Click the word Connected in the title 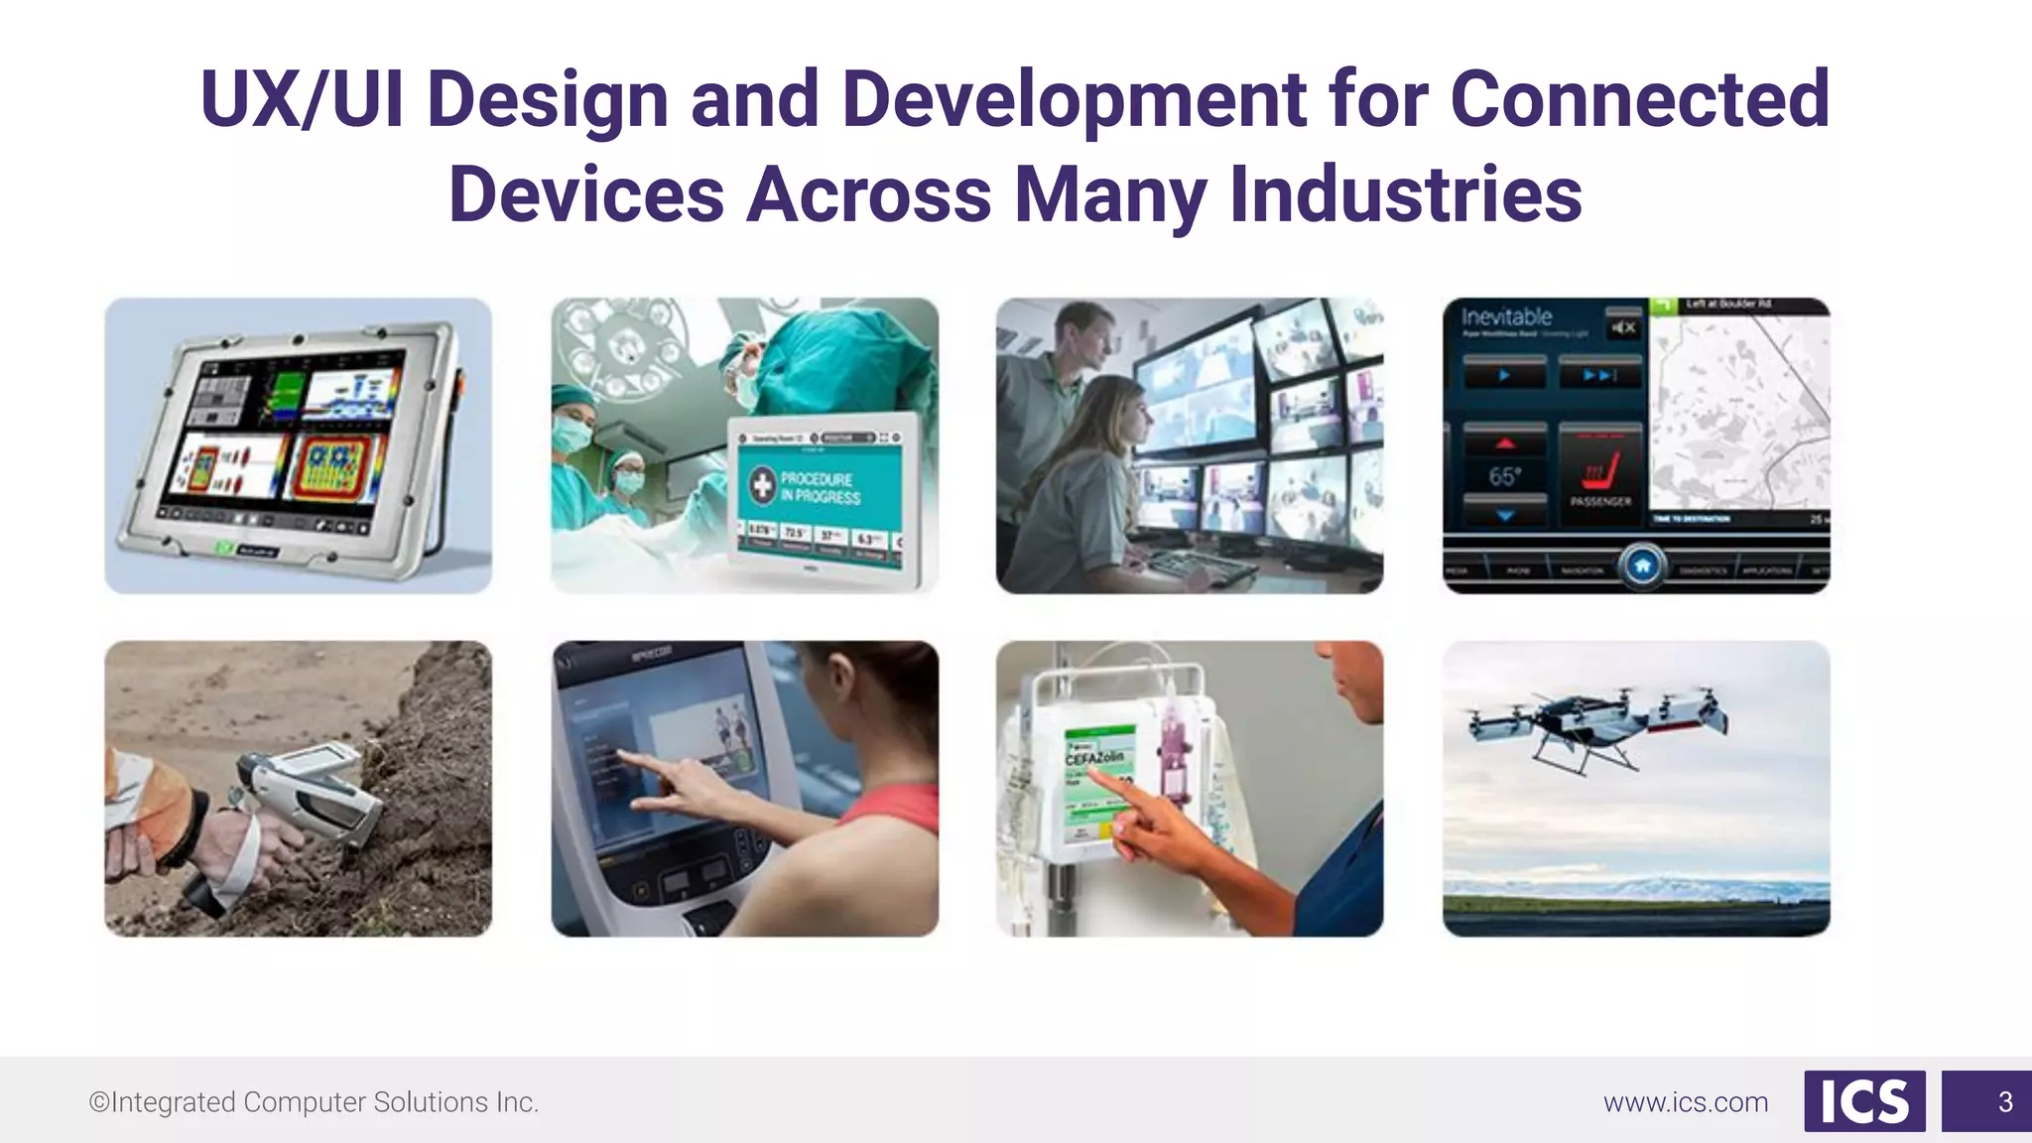coord(1639,99)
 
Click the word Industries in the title coord(1405,194)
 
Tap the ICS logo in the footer coord(1863,1101)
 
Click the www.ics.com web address coord(1685,1102)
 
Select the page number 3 coord(2004,1102)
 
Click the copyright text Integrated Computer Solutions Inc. coord(315,1102)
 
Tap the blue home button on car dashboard coord(1642,566)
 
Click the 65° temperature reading coord(1504,477)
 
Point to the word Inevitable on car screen coord(1506,317)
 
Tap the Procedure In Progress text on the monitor coord(820,487)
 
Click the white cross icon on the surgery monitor coord(762,485)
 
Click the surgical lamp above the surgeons coord(621,342)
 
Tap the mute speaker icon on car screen coord(1623,327)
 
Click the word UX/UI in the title coord(301,99)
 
